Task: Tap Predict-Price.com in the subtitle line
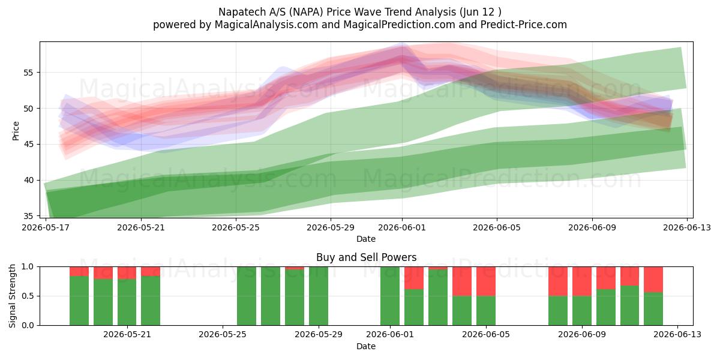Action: [524, 25]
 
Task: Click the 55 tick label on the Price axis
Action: [28, 73]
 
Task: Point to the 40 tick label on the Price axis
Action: [28, 181]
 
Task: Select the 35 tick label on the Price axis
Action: [28, 216]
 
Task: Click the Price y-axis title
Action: [16, 131]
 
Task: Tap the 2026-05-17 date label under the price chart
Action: [46, 227]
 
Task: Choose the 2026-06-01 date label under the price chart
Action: [402, 227]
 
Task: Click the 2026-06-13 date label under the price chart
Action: [687, 227]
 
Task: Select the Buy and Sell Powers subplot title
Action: [366, 257]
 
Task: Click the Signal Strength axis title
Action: [12, 296]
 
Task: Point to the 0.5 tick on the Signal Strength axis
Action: [28, 296]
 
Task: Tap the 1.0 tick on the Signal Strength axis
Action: [28, 267]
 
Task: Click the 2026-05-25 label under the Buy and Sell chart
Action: [223, 335]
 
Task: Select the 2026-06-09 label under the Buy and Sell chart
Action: [582, 335]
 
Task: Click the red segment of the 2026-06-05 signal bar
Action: [486, 281]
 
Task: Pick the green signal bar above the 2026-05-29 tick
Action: [319, 296]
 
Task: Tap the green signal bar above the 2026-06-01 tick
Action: [390, 296]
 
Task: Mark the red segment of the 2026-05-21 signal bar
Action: [127, 273]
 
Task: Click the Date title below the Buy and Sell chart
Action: [366, 346]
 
